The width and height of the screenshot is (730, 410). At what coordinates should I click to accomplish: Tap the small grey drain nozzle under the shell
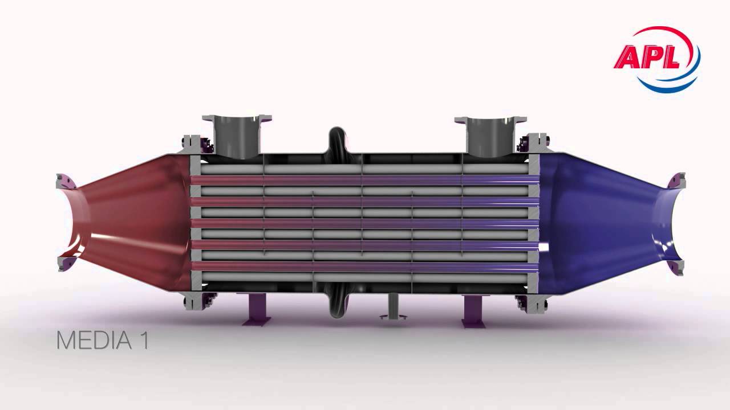(x=393, y=307)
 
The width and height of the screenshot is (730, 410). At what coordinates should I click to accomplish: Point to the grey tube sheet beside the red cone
(x=195, y=222)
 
